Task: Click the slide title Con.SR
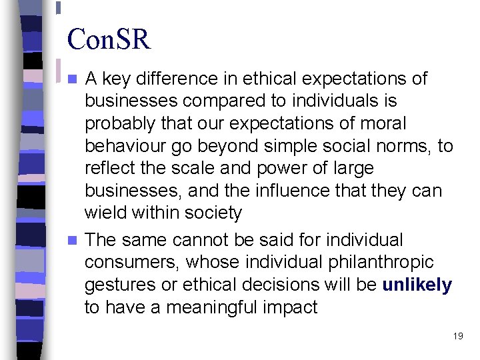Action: pyautogui.click(x=109, y=39)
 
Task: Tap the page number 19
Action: pyautogui.click(x=457, y=336)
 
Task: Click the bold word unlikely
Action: pyautogui.click(x=417, y=285)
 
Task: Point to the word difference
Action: pyautogui.click(x=175, y=79)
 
